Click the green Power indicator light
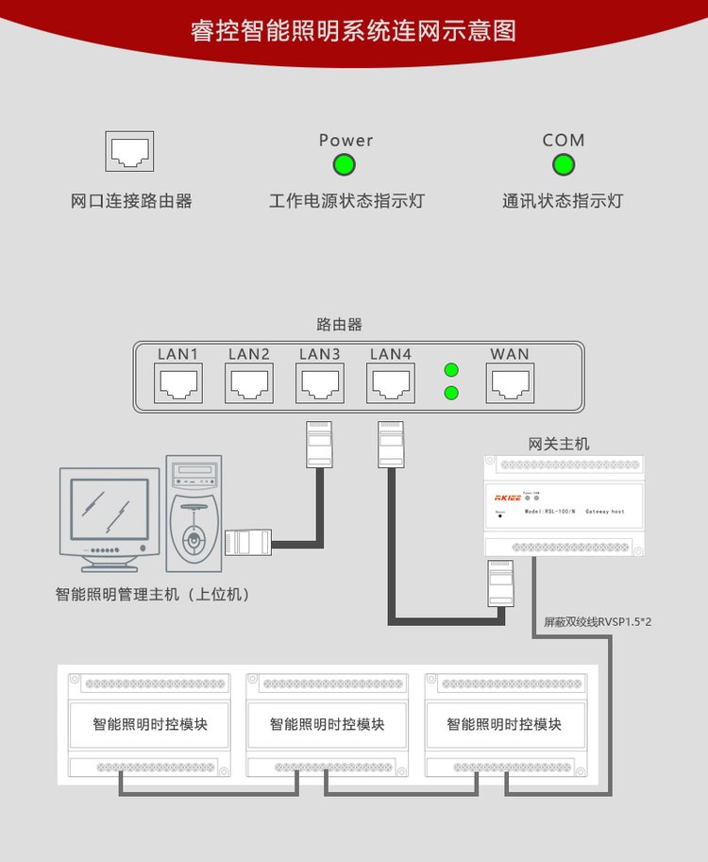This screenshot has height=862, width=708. (344, 165)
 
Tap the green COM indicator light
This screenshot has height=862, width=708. (564, 165)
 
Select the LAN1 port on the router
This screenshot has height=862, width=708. (177, 384)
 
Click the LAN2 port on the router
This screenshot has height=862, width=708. (249, 384)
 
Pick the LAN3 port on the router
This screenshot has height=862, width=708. (320, 384)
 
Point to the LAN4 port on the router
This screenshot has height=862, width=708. (391, 384)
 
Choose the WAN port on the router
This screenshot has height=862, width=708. (510, 384)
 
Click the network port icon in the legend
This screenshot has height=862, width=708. (129, 151)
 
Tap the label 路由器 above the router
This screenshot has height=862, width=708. (340, 325)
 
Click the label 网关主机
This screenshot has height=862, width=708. (559, 443)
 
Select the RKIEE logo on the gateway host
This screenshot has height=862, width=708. (508, 496)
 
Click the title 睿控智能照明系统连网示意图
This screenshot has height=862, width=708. (353, 30)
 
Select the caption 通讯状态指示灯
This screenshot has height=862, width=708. (563, 201)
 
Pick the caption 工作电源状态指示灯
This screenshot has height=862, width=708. (346, 201)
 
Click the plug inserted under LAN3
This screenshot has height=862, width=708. (318, 443)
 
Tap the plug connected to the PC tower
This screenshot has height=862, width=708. (248, 542)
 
